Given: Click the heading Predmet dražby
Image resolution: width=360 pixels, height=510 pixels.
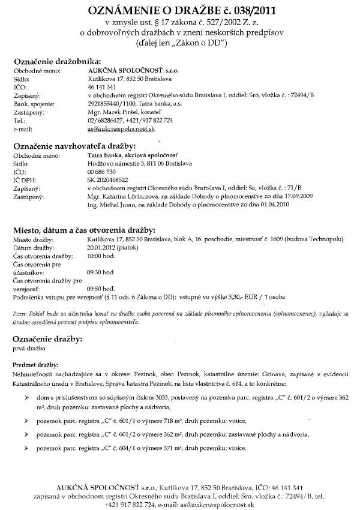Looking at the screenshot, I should [35, 365].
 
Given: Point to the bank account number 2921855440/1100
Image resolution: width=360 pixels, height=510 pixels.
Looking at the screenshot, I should [110, 104].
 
